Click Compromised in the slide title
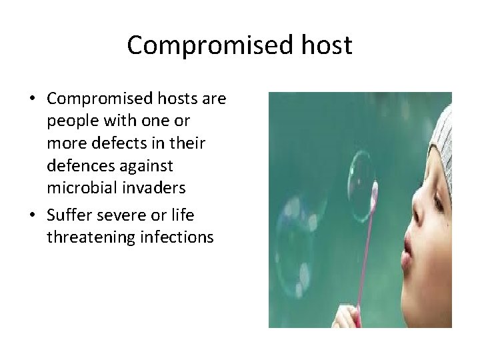click(208, 45)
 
